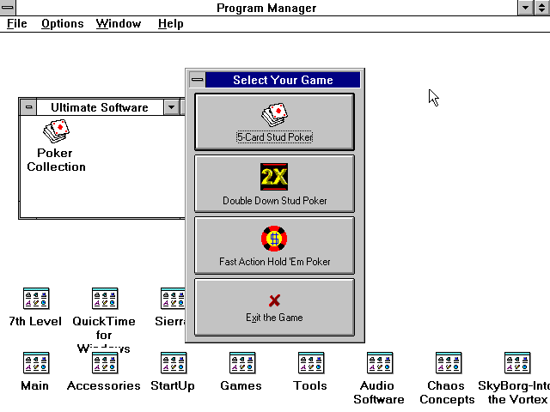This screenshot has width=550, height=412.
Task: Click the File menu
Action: pyautogui.click(x=17, y=23)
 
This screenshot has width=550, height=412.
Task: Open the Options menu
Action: pyautogui.click(x=62, y=23)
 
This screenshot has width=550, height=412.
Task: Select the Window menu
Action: pyautogui.click(x=119, y=23)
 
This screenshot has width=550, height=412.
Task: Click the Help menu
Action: pyautogui.click(x=170, y=23)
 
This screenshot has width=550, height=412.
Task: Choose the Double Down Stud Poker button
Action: pyautogui.click(x=274, y=183)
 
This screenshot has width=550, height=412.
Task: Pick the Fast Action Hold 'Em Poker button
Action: pyautogui.click(x=274, y=245)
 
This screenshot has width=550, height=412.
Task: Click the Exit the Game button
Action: pyautogui.click(x=274, y=306)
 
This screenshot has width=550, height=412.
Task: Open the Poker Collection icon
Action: pyautogui.click(x=56, y=132)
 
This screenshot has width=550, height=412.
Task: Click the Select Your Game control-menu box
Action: pyautogui.click(x=198, y=80)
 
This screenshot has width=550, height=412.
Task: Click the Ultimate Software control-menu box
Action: pyautogui.click(x=29, y=107)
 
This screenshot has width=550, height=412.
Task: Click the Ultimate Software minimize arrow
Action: pyautogui.click(x=172, y=107)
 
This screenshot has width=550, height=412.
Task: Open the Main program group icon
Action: pyautogui.click(x=35, y=363)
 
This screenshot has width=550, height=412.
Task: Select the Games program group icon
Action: pyautogui.click(x=241, y=363)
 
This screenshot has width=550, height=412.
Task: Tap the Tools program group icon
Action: pyautogui.click(x=310, y=363)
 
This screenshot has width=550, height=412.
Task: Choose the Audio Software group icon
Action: pyautogui.click(x=379, y=363)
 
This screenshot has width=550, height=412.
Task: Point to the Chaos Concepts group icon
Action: pyautogui.click(x=448, y=363)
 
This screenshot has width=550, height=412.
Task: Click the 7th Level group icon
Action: pyautogui.click(x=35, y=299)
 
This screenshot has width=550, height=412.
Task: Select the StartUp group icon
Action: pyautogui.click(x=173, y=363)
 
